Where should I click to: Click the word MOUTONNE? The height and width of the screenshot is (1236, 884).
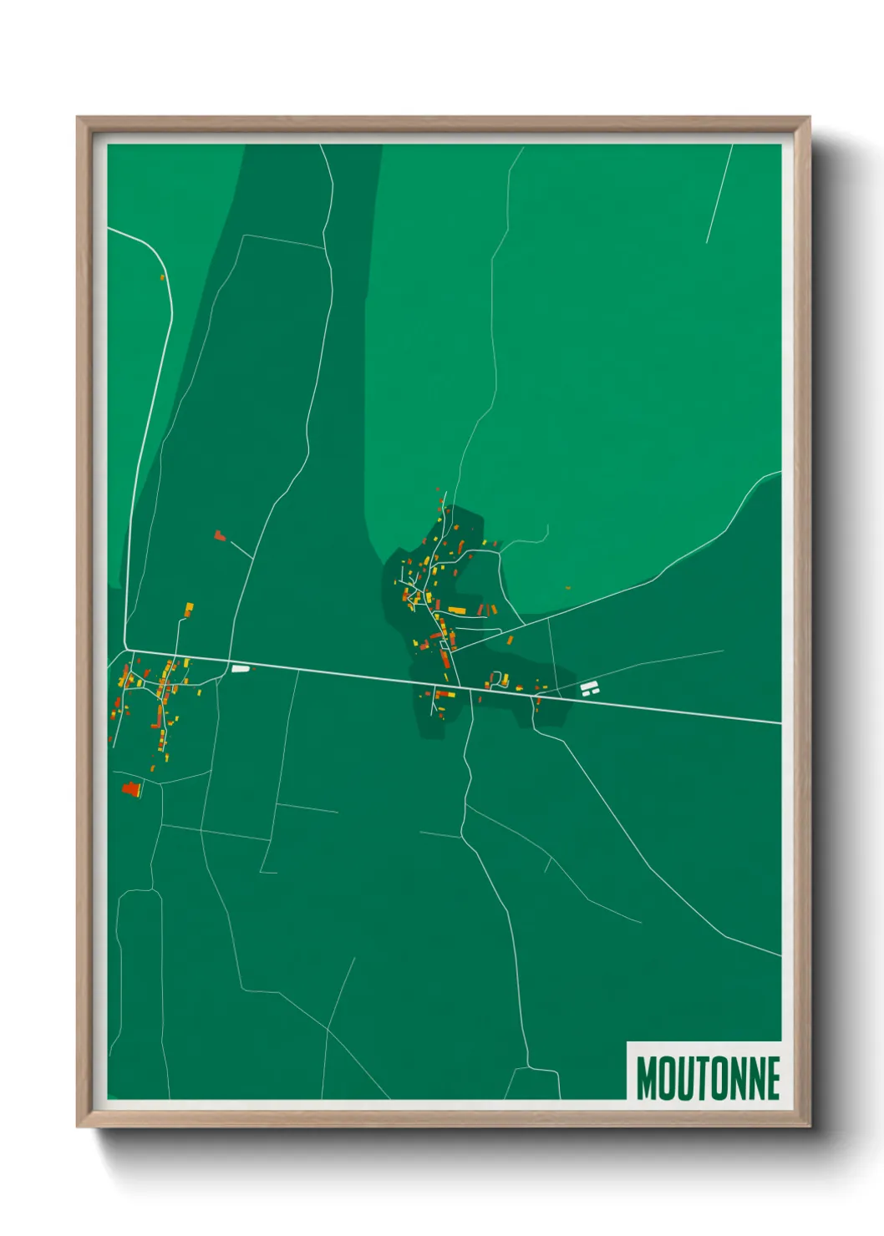[x=708, y=1078]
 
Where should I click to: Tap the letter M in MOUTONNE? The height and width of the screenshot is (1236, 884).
[x=647, y=1078]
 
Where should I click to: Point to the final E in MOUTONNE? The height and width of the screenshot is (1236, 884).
[x=772, y=1078]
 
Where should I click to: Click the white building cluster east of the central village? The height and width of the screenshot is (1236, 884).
[x=591, y=688]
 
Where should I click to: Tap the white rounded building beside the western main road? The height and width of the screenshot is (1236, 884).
[x=241, y=668]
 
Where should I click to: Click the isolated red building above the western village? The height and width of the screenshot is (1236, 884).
[x=220, y=535]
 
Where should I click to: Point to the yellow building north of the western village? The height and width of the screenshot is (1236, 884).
[x=189, y=609]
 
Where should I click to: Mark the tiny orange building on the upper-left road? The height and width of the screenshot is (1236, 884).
[x=162, y=276]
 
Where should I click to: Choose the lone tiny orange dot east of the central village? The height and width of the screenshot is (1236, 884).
[x=567, y=588]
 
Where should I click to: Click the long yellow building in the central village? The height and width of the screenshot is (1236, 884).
[x=456, y=610]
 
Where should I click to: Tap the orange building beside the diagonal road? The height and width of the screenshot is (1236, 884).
[x=509, y=641]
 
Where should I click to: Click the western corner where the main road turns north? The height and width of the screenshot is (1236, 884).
[x=128, y=650]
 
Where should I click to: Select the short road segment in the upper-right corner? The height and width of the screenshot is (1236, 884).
[x=719, y=194]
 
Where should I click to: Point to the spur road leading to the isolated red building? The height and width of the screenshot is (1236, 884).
[x=241, y=549]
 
